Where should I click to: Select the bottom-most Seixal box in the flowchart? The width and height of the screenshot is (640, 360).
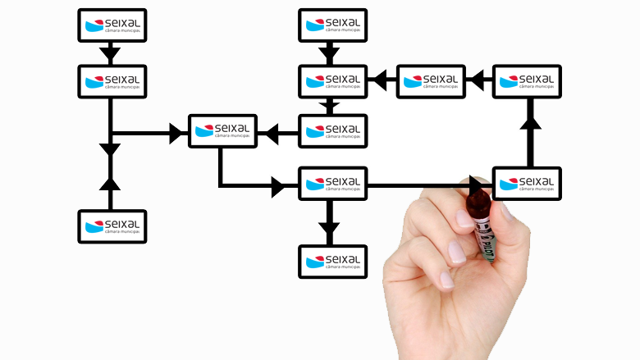pyautogui.click(x=332, y=262)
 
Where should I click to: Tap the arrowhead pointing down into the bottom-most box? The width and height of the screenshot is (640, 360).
pyautogui.click(x=329, y=233)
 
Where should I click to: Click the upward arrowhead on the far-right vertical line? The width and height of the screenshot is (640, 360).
pyautogui.click(x=530, y=124)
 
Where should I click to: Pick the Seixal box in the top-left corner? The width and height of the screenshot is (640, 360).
pyautogui.click(x=112, y=25)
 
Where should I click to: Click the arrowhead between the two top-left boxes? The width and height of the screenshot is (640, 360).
pyautogui.click(x=110, y=55)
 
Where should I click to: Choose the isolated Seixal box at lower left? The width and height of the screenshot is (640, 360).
pyautogui.click(x=112, y=226)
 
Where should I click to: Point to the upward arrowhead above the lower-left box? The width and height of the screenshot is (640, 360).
pyautogui.click(x=110, y=182)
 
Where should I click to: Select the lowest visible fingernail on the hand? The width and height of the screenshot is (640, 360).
pyautogui.click(x=446, y=280)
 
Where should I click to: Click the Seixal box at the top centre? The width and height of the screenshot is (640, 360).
pyautogui.click(x=332, y=25)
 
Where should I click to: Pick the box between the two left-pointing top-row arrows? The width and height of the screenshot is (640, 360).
pyautogui.click(x=431, y=81)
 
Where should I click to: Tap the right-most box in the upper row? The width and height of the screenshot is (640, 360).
pyautogui.click(x=527, y=81)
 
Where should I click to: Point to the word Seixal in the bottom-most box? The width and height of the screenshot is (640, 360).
pyautogui.click(x=342, y=257)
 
